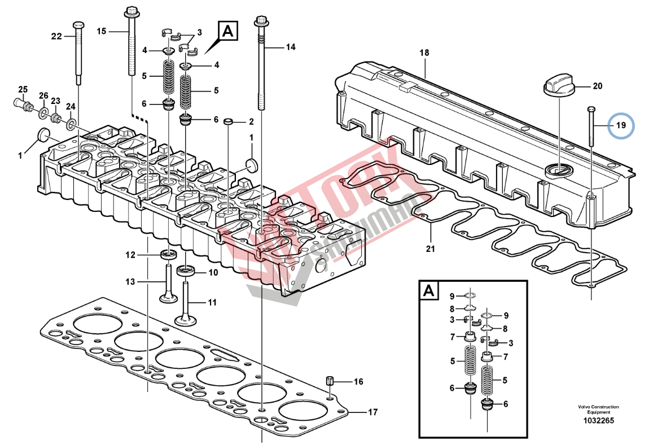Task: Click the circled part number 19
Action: [621, 125]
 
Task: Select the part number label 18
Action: [424, 53]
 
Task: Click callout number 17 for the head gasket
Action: [372, 412]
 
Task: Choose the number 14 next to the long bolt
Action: [290, 47]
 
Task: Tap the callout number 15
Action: [101, 31]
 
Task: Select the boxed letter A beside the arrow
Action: [229, 32]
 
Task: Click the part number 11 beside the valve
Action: [212, 303]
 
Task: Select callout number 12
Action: [130, 255]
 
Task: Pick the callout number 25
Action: [23, 89]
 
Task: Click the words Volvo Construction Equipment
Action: [598, 410]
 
